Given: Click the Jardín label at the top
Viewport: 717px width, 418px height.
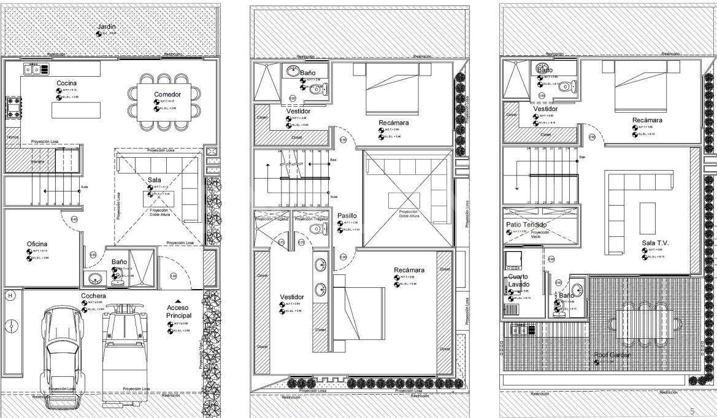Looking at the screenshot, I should click(x=106, y=27).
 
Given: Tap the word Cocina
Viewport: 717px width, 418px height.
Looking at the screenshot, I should click(x=67, y=83).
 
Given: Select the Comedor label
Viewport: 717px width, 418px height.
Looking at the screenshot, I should click(x=167, y=94).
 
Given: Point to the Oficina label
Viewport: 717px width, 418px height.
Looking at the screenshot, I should click(x=37, y=244).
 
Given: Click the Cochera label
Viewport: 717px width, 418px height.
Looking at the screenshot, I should click(x=94, y=296).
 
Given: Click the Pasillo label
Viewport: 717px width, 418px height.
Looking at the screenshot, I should click(x=347, y=216).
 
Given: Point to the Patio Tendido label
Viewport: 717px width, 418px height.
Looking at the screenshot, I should click(x=526, y=225).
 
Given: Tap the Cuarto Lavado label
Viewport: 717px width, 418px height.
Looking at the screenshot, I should click(x=520, y=281).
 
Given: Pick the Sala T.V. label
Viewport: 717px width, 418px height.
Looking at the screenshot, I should click(x=656, y=243).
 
